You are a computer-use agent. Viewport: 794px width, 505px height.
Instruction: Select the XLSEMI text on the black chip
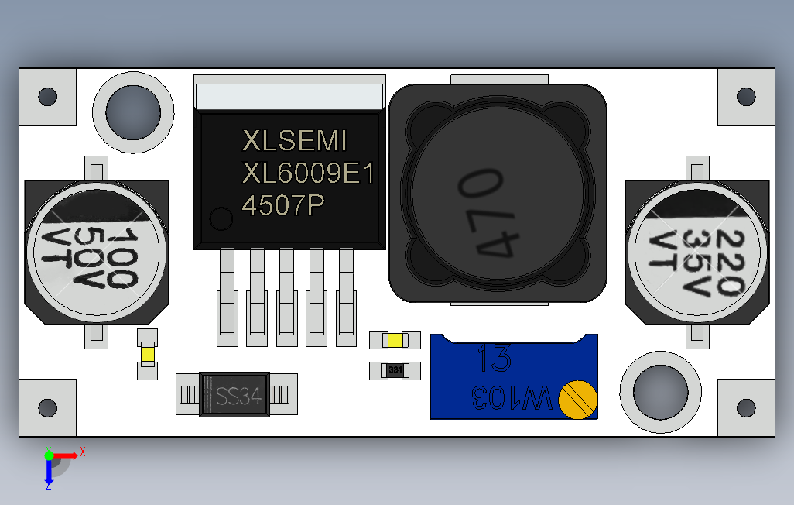pyautogui.click(x=295, y=141)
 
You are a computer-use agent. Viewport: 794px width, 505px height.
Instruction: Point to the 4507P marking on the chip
pyautogui.click(x=283, y=205)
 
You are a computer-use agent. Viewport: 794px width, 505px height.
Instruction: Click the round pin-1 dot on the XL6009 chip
pyautogui.click(x=222, y=219)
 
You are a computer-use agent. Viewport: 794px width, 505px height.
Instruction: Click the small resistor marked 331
pyautogui.click(x=395, y=370)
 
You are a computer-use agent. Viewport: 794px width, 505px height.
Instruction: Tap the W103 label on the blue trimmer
pyautogui.click(x=511, y=398)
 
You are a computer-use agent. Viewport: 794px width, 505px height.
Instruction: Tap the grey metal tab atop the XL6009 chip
pyautogui.click(x=290, y=95)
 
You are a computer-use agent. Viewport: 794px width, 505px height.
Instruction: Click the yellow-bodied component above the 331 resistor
pyautogui.click(x=395, y=340)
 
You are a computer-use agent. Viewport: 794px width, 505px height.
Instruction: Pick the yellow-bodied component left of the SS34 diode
pyautogui.click(x=147, y=354)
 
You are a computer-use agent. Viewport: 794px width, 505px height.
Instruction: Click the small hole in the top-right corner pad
pyautogui.click(x=746, y=97)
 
